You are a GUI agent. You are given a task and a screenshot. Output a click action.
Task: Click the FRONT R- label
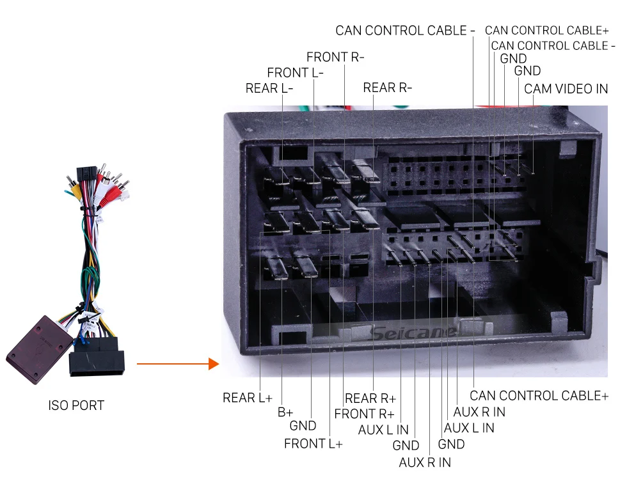coord(335,57)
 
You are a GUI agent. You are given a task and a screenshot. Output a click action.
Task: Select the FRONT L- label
coord(295,72)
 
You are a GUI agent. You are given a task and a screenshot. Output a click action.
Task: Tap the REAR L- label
coord(269,88)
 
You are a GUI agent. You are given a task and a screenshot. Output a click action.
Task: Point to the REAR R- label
coord(387,88)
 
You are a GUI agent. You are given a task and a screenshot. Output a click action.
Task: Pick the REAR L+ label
coord(247,398)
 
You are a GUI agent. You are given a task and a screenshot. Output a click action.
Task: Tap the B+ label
coord(285,412)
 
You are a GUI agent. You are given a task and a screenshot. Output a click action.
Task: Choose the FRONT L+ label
coord(313,444)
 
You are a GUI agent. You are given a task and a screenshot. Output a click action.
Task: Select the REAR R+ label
coord(370,398)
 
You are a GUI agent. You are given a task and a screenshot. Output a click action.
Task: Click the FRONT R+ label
coord(364,414)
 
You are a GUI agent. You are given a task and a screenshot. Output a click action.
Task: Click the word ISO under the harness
coord(60,405)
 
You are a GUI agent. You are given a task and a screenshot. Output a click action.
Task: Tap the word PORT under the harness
coord(88,405)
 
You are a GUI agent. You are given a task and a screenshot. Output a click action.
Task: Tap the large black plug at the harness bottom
coord(96,361)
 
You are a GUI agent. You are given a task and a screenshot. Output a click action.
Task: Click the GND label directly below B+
coord(303,426)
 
